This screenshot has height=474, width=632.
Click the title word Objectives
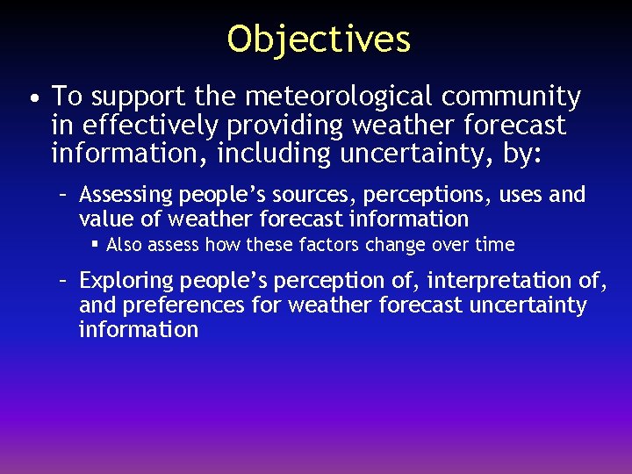pyautogui.click(x=319, y=39)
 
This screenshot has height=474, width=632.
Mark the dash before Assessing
pyautogui.click(x=64, y=194)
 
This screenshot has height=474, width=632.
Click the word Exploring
pyautogui.click(x=126, y=281)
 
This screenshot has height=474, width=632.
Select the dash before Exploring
pyautogui.click(x=64, y=281)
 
